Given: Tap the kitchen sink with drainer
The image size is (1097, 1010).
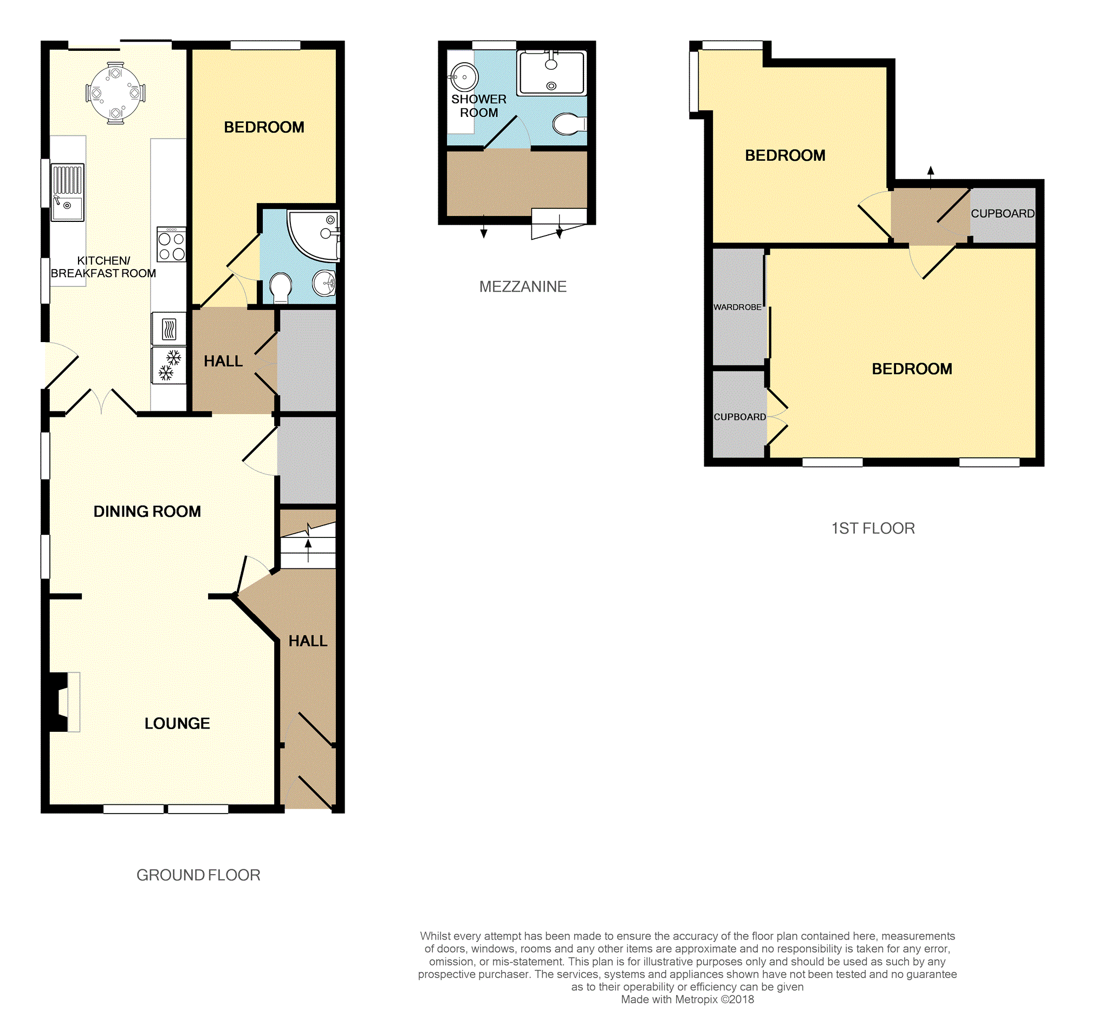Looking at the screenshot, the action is tap(68, 192).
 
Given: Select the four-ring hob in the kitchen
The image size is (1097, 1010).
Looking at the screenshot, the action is tap(171, 245).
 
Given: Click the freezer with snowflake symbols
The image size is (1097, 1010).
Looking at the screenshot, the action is tap(169, 365).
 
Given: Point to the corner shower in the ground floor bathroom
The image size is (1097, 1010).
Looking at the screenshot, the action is tap(314, 235).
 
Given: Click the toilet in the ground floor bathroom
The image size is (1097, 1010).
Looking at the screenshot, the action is tap(281, 287).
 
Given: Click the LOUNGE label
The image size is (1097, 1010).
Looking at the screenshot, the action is tap(177, 724).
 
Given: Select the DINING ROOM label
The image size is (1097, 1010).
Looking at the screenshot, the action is tap(147, 511).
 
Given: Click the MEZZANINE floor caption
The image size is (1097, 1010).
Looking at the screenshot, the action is tap(523, 286).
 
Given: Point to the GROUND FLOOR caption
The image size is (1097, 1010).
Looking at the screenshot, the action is tap(198, 875).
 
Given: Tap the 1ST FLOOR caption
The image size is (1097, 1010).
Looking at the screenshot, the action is tap(873, 528).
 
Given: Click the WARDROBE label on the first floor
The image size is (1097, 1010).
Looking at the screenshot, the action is tap(737, 307).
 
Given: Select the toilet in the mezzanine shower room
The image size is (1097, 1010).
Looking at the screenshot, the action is tap(569, 124).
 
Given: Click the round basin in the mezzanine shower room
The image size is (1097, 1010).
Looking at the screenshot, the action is tap(464, 76).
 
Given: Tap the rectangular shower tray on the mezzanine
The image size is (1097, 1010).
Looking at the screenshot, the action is tap(552, 73).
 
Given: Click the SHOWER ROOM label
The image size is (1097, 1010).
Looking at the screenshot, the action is tap(478, 106).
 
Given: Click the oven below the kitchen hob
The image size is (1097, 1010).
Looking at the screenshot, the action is tap(169, 329).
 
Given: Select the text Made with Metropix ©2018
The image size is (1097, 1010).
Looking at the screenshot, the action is tap(687, 1000).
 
